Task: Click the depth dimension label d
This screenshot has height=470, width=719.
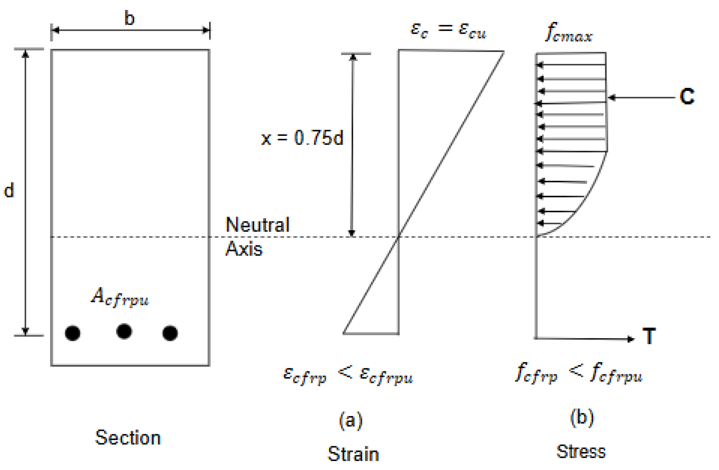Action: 9,191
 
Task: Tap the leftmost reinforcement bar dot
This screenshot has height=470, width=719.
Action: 73,333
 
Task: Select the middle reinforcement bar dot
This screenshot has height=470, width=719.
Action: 124,331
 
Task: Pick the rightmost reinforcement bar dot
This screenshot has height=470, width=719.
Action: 170,333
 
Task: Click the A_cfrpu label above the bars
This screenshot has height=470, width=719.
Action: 120,297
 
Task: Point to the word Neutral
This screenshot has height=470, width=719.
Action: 258,225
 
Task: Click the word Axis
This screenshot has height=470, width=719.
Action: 244,249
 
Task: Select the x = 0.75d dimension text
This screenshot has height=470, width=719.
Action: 302,138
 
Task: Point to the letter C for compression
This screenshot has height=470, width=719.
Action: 687,97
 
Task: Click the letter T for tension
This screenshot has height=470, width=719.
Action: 649,337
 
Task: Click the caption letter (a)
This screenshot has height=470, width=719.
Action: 351,420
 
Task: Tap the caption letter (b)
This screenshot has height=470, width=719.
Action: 582,418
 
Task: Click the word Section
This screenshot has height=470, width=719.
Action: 128,438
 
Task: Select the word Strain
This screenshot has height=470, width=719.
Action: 353,454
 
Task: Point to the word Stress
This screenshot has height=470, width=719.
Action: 581,451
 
